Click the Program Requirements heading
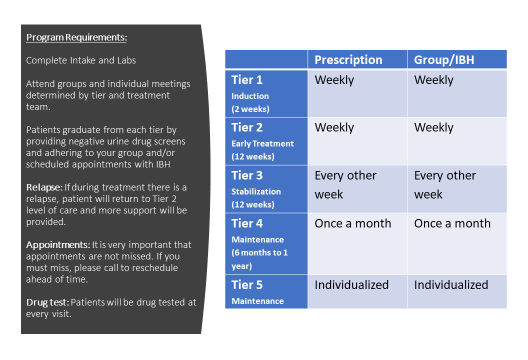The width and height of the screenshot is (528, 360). point(76,37)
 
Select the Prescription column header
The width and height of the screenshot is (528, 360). point(348,60)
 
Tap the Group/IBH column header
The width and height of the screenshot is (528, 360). point(444,60)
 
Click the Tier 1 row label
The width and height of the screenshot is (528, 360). point(247,80)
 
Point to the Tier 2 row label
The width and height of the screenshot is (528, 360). point(247,127)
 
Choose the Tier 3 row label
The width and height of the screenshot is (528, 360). point(247,175)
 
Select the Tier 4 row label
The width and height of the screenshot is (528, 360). point(247,223)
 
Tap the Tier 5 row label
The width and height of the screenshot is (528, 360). point(247,285)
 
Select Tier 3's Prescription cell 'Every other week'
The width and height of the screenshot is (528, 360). point(345,185)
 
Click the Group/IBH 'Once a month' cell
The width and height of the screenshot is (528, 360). point(452,223)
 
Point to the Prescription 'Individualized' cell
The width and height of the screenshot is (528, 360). point(351,285)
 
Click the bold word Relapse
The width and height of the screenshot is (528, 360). point(44,187)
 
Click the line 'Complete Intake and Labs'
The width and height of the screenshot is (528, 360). point(81,60)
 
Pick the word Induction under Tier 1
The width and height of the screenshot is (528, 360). point(250,96)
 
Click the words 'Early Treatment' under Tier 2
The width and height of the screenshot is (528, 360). point(262,144)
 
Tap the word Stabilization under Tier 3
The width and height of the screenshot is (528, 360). point(256,191)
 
